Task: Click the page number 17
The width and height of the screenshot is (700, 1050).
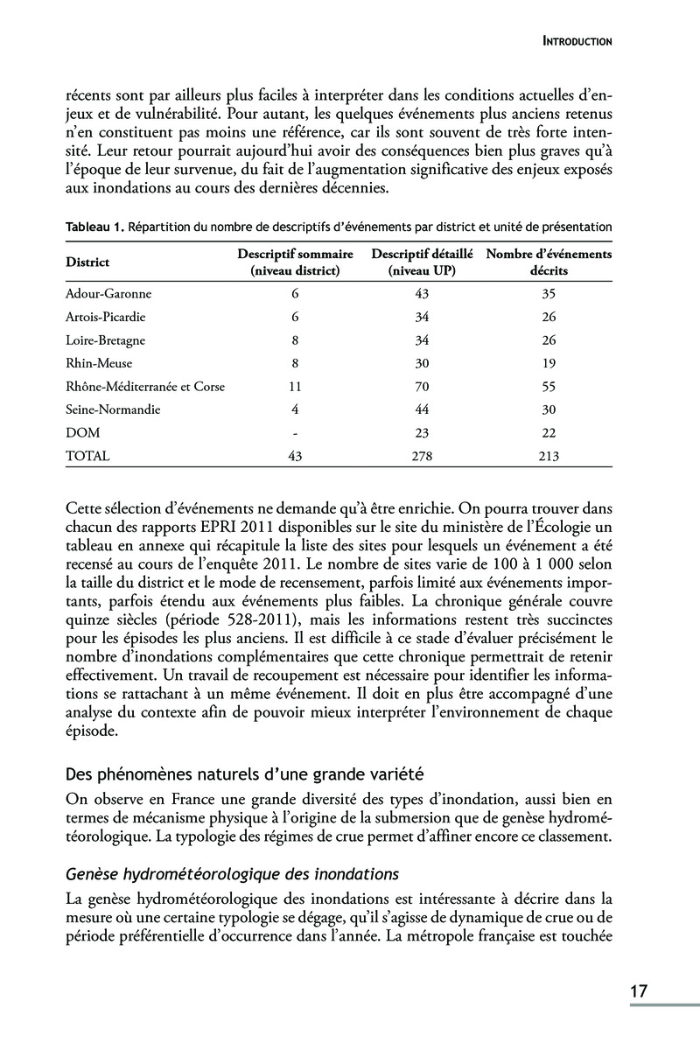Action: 638,991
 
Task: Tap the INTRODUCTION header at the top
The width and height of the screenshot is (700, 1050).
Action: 577,40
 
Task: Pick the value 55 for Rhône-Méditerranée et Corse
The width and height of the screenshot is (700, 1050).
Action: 549,386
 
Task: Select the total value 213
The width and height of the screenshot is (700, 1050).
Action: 549,455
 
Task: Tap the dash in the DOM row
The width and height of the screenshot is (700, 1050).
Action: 295,432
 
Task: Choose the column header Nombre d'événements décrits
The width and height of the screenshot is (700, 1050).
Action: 549,262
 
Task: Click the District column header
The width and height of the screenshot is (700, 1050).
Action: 87,262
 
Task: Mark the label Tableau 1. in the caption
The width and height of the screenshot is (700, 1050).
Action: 94,227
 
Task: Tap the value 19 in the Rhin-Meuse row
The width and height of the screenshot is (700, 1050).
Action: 549,363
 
